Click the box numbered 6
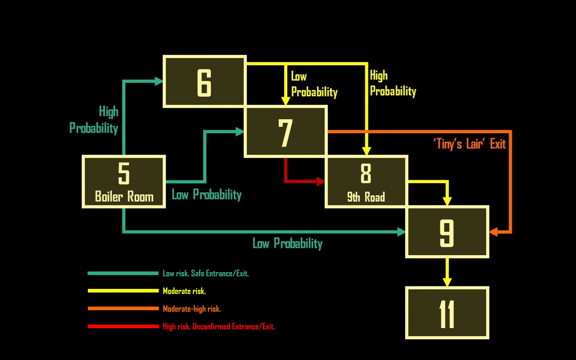[x=205, y=81]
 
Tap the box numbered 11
[x=447, y=313]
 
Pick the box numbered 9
[x=447, y=232]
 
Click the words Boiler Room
[x=124, y=196]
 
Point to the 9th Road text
[x=366, y=197]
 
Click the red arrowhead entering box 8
[x=321, y=181]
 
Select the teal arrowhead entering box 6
[x=158, y=81]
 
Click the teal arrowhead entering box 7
[x=239, y=131]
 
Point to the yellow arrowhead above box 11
[x=447, y=282]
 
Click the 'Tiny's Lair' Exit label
[x=469, y=144]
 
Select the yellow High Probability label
[x=393, y=83]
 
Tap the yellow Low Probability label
[x=314, y=84]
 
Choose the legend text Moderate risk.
[x=184, y=291]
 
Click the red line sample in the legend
[x=123, y=326]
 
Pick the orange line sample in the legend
[x=123, y=308]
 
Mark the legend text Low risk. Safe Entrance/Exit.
[x=206, y=273]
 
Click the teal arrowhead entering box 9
[x=401, y=232]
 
